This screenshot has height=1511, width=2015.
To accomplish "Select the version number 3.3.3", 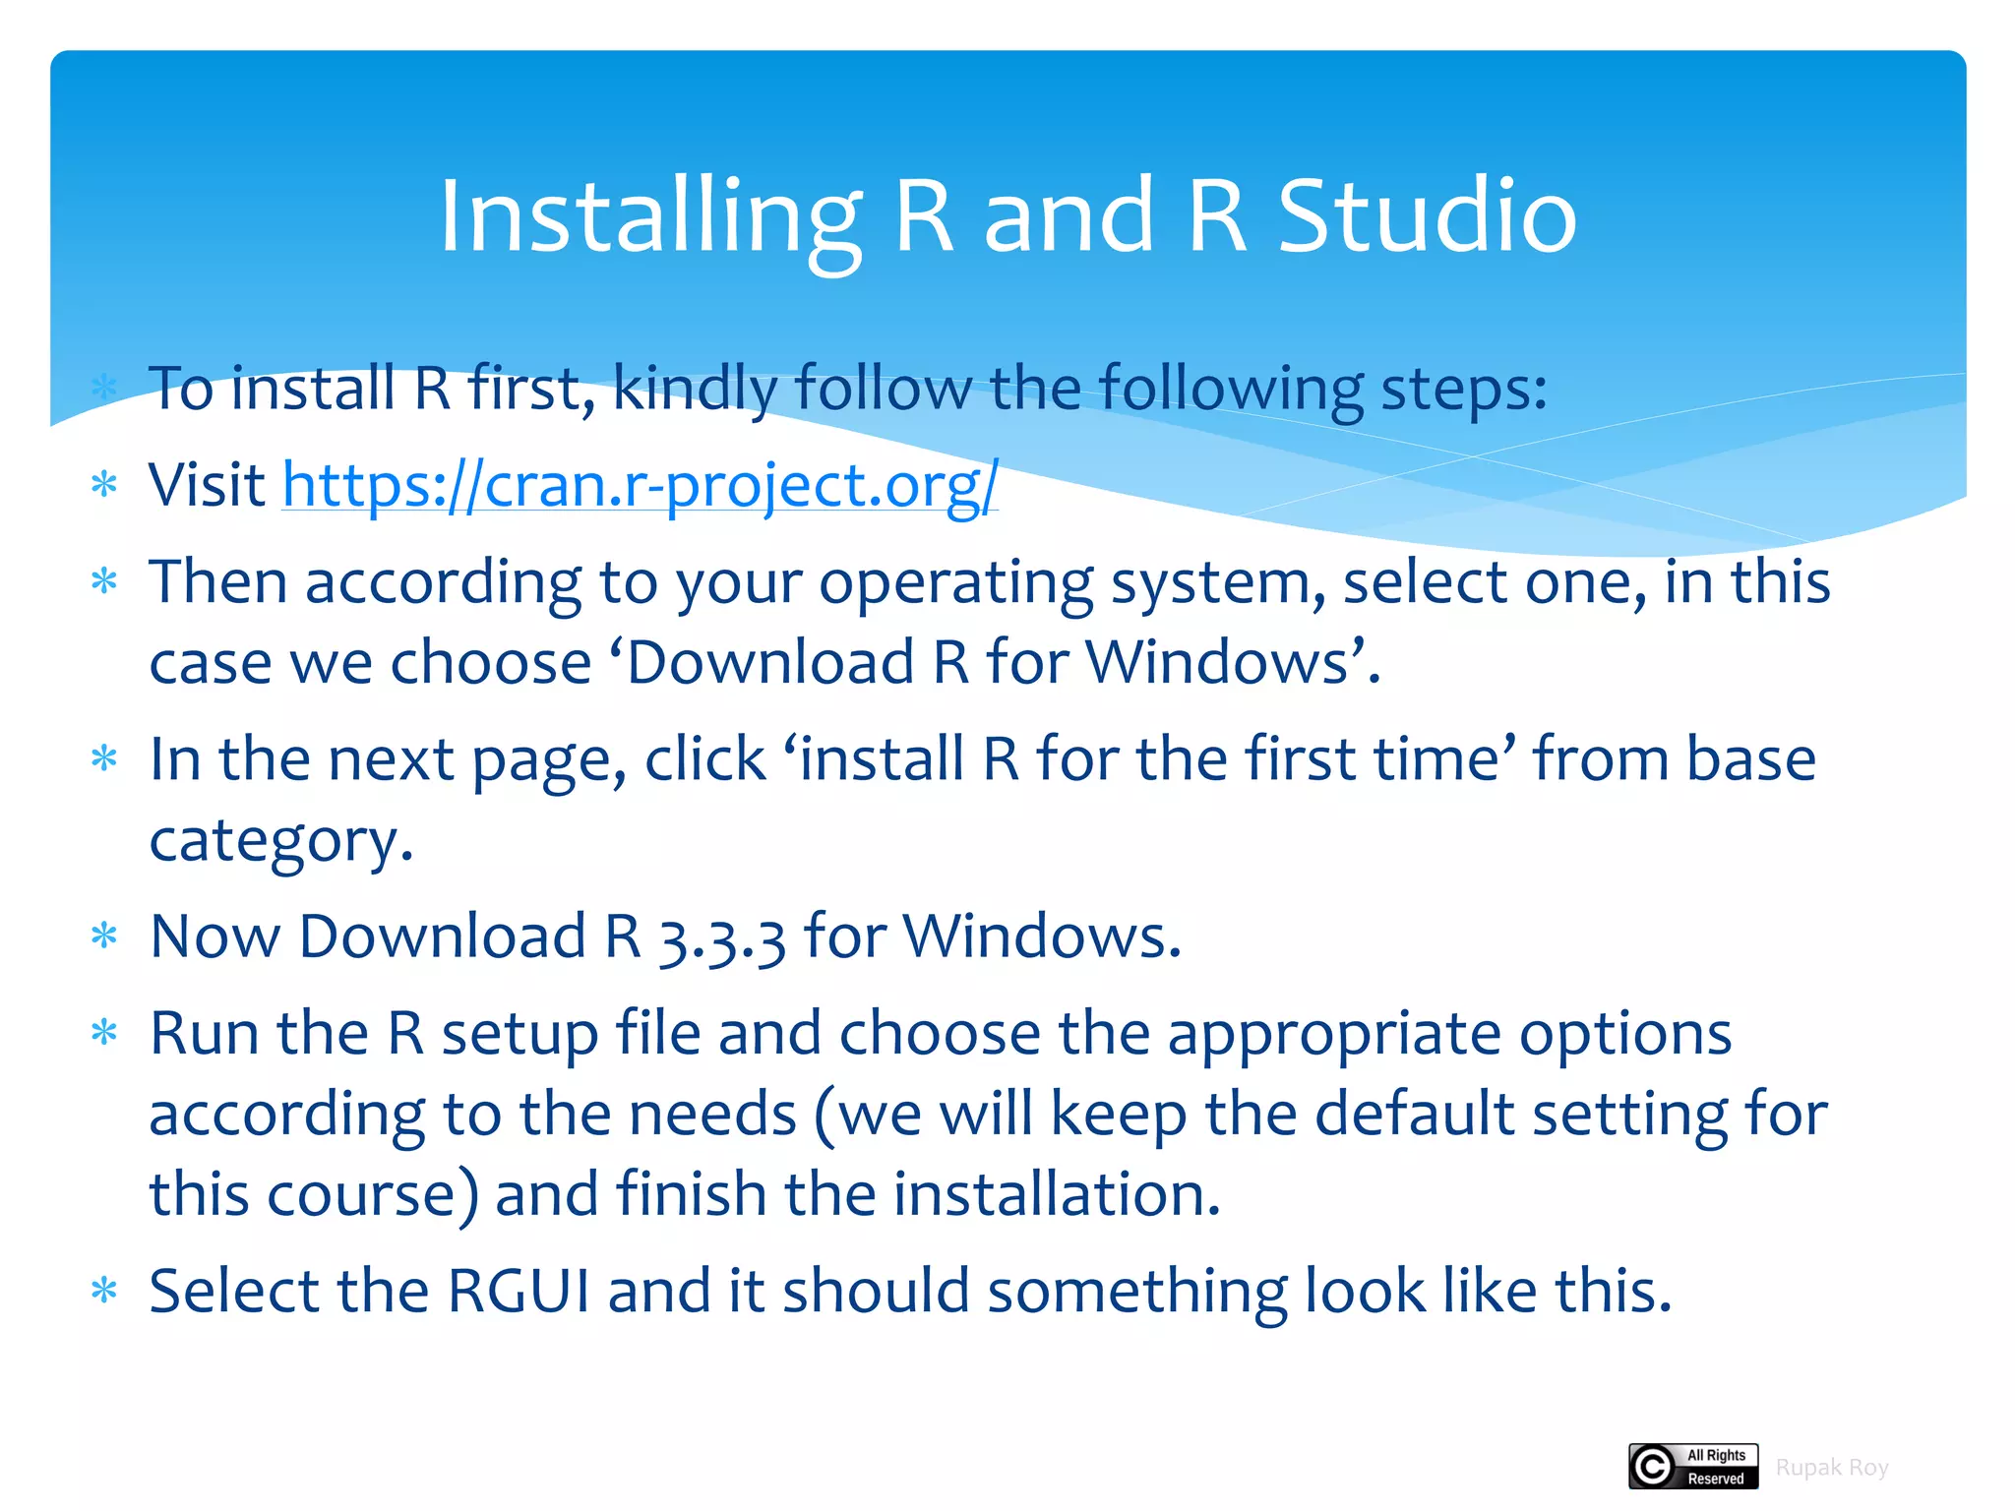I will [721, 937].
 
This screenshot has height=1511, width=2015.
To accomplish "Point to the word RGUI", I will [518, 1291].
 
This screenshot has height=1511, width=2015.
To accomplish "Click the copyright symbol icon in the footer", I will [1653, 1467].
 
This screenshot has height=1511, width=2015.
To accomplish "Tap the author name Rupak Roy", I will [1831, 1468].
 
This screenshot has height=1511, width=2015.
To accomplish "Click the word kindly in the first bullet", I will [695, 390].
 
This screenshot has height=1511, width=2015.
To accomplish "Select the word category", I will [280, 842].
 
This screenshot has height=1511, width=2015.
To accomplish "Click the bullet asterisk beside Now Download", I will [103, 936].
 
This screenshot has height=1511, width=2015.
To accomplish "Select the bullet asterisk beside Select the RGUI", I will [103, 1291].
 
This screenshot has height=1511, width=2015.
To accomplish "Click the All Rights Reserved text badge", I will [1715, 1467].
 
